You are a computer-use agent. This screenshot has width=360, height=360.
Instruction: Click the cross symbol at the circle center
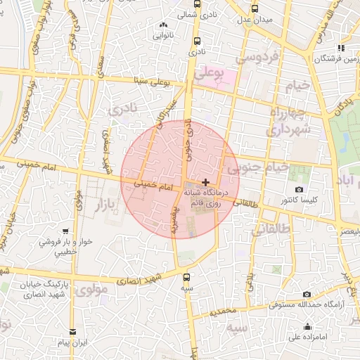[x=205, y=182]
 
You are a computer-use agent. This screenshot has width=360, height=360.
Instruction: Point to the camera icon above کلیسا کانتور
[x=299, y=190]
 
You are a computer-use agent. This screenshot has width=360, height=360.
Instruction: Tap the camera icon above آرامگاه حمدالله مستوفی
[x=306, y=294]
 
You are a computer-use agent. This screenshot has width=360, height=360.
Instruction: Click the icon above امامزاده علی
[x=307, y=327]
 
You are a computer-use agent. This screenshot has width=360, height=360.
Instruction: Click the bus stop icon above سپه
[x=186, y=278]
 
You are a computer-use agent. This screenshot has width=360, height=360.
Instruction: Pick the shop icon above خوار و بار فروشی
[x=65, y=231]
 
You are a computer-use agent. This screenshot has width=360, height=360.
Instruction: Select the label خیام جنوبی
[x=258, y=167]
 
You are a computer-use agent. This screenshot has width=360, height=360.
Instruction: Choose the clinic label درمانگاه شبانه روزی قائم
[x=204, y=196]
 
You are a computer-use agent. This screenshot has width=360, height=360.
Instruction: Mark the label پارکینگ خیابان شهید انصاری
[x=49, y=288]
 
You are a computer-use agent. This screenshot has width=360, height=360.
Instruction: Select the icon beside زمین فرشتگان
[x=340, y=49]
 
